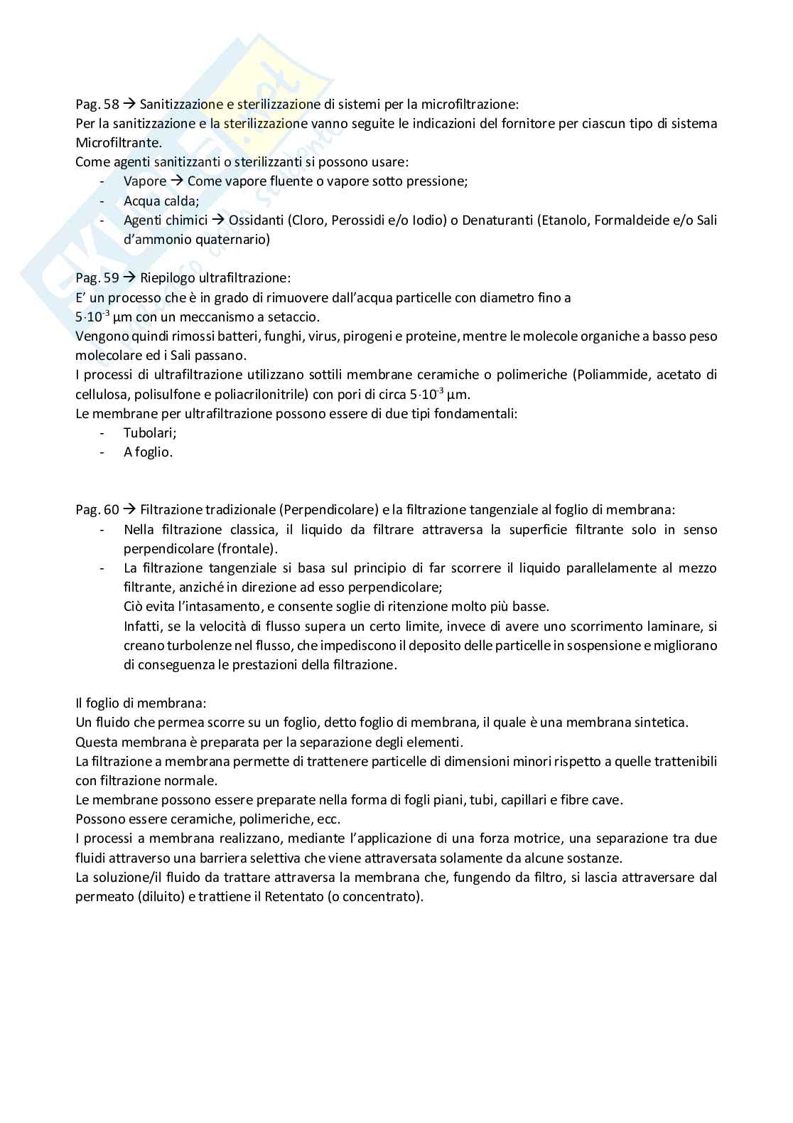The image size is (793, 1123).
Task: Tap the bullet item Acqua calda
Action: point(161,201)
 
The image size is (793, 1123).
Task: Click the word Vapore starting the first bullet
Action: point(144,181)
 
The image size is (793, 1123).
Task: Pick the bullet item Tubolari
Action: point(149,432)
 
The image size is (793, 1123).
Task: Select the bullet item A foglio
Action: point(148,452)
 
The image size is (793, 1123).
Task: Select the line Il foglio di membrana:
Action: point(141,703)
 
